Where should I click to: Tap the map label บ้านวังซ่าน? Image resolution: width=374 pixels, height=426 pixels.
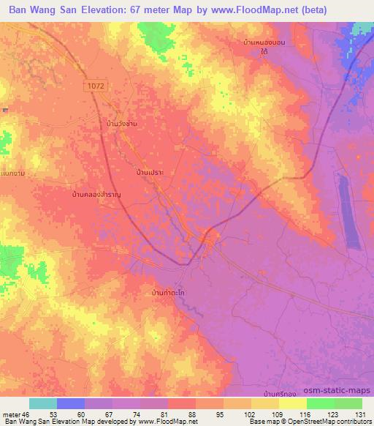(121, 124)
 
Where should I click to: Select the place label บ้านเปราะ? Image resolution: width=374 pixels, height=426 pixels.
(149, 173)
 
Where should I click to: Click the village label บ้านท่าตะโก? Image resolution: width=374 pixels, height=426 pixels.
(165, 293)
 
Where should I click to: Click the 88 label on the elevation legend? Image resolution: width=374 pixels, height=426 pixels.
(192, 414)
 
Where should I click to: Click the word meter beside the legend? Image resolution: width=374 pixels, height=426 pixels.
(11, 414)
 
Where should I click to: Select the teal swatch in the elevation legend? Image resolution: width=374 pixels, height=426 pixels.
(43, 403)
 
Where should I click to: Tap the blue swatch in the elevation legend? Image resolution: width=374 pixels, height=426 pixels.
(71, 403)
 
